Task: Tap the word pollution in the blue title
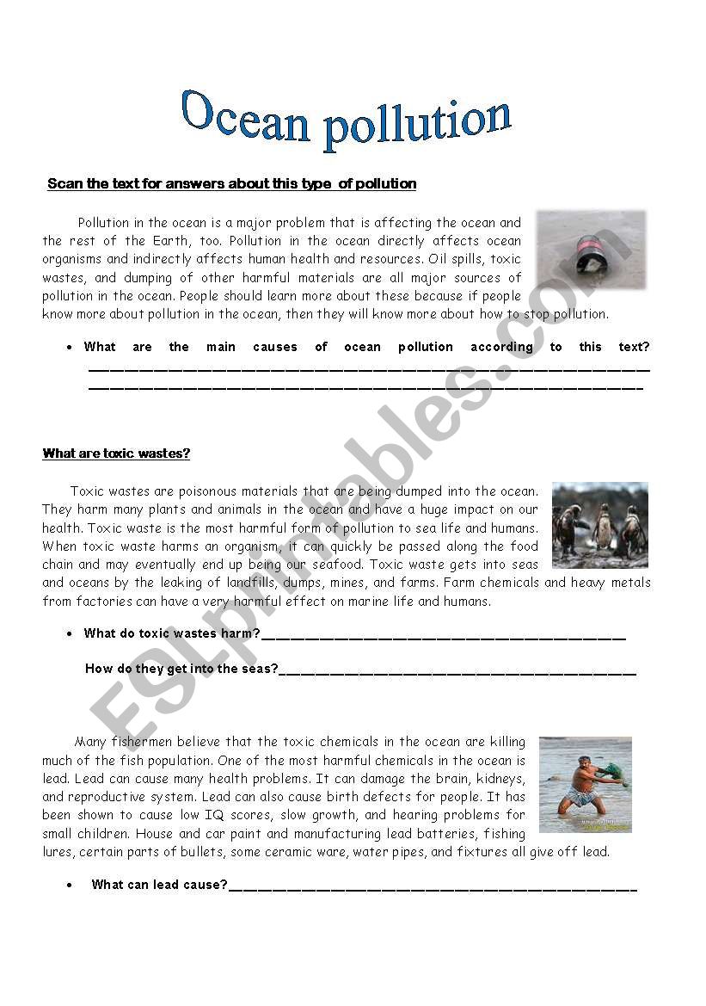[x=417, y=123]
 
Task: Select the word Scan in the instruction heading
[x=64, y=184]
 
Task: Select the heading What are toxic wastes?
[x=116, y=454]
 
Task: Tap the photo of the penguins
[x=599, y=525]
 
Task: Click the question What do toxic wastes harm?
[x=172, y=634]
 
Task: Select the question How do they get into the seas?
[x=181, y=669]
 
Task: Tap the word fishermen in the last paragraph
[x=146, y=742]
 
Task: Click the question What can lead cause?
[x=160, y=885]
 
